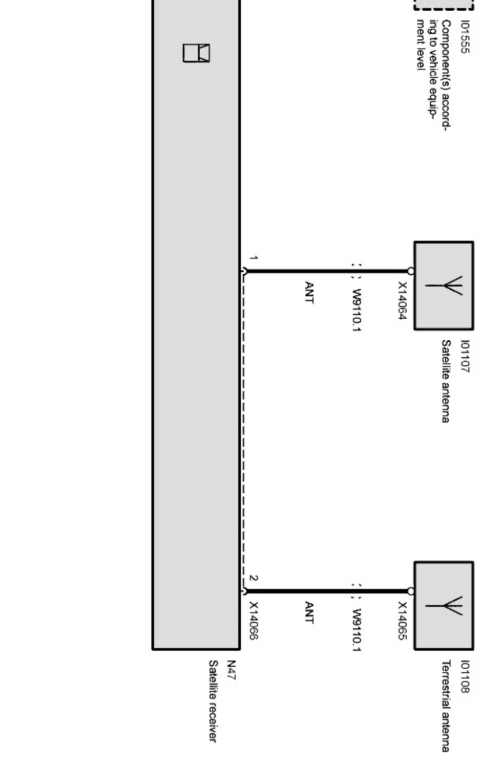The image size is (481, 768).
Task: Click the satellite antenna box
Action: [x=444, y=286]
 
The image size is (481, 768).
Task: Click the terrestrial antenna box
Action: [x=444, y=606]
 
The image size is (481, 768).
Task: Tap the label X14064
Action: [x=402, y=301]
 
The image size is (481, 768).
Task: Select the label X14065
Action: [x=402, y=621]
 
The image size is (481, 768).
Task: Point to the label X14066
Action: [x=254, y=621]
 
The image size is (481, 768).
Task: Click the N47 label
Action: [x=232, y=670]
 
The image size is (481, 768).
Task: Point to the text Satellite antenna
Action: [x=446, y=381]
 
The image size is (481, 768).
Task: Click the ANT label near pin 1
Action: [x=308, y=292]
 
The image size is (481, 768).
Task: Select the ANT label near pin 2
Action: [x=308, y=612]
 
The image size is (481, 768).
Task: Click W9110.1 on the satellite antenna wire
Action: [x=357, y=311]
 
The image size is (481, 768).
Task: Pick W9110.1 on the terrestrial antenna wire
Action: [x=357, y=630]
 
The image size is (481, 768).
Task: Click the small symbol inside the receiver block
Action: [x=196, y=53]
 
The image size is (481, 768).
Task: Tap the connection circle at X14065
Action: [x=411, y=591]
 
